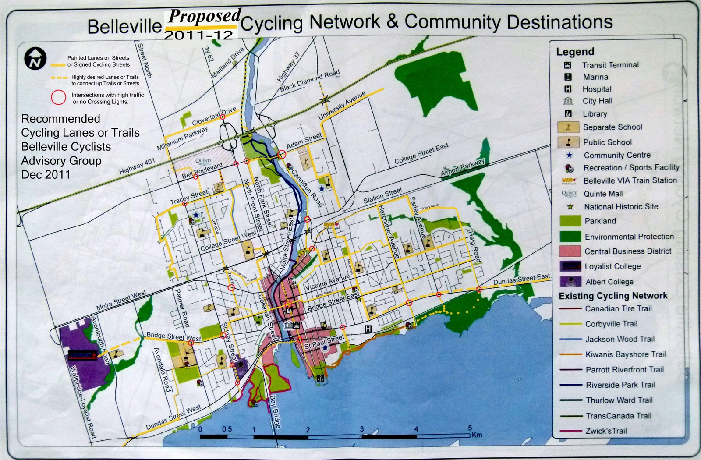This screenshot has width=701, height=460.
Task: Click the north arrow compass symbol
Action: (35, 58)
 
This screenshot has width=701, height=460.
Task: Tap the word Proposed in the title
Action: (204, 17)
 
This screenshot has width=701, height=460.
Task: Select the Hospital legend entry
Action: (596, 89)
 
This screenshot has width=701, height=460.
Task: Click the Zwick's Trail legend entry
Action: (606, 431)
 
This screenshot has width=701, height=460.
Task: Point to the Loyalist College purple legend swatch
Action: (570, 266)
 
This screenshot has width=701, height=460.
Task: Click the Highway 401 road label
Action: (137, 166)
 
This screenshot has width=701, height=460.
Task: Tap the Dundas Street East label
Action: (521, 280)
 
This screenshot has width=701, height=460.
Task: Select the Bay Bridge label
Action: (275, 412)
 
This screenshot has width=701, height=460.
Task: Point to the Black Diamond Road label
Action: (309, 81)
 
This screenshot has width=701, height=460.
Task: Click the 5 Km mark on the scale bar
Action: (470, 428)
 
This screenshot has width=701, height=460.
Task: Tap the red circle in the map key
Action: (58, 98)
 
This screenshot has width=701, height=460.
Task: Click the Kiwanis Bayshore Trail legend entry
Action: (625, 354)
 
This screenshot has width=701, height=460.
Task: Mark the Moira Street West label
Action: (121, 301)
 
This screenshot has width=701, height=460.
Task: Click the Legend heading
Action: (575, 52)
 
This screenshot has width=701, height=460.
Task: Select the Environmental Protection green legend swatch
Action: (570, 237)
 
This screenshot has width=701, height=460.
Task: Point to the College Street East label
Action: (421, 154)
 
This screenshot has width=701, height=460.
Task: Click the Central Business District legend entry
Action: (627, 251)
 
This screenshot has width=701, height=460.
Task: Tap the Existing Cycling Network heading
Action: (613, 296)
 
